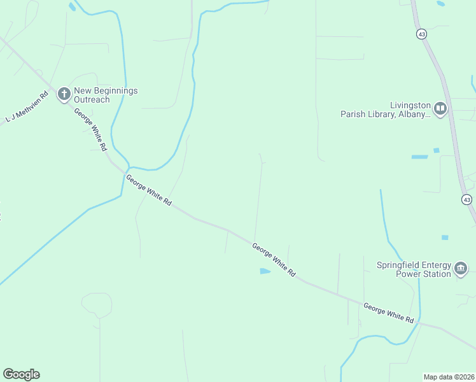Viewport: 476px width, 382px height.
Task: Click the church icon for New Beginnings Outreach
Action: click(x=64, y=94)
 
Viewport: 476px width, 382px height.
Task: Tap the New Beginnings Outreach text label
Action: click(x=106, y=95)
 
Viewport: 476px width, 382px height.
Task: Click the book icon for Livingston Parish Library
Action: click(x=440, y=110)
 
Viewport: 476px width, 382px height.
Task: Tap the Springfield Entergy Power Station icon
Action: click(x=461, y=269)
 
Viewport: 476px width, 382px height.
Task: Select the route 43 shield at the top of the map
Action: click(x=421, y=34)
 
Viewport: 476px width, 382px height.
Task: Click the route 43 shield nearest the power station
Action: click(x=466, y=200)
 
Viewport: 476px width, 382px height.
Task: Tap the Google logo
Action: click(x=21, y=374)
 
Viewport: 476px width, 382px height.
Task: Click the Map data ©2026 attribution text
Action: click(x=449, y=376)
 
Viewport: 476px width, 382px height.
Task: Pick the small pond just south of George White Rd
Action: click(x=265, y=271)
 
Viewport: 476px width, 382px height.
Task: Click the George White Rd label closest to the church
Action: click(x=90, y=129)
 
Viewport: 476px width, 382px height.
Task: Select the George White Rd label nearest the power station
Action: click(x=389, y=312)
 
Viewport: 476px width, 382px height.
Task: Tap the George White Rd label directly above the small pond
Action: click(x=274, y=259)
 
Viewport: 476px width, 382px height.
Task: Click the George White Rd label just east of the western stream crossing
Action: click(x=149, y=190)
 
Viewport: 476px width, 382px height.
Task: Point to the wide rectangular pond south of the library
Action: click(x=419, y=157)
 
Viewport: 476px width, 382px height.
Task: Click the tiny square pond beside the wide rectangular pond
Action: click(x=437, y=151)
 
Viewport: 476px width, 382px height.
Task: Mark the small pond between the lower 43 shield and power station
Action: click(x=445, y=237)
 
